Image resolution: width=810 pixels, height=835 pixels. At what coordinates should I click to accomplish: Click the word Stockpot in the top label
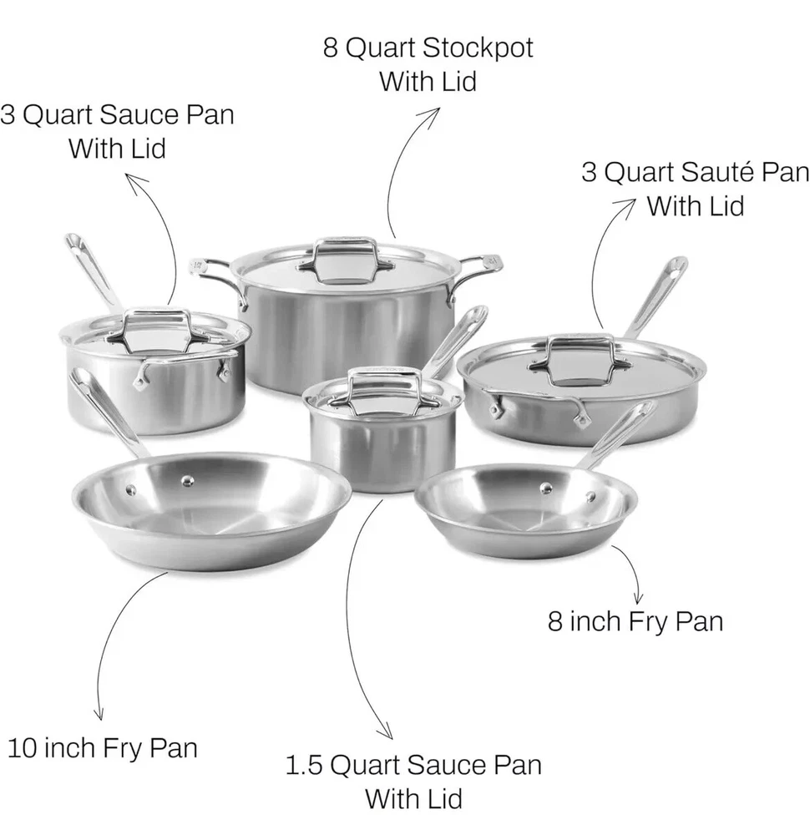coord(478,48)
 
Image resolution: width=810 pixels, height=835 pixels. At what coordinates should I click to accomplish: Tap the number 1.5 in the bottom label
coord(304,765)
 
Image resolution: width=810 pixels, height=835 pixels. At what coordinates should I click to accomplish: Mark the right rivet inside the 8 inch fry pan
coord(590,496)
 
